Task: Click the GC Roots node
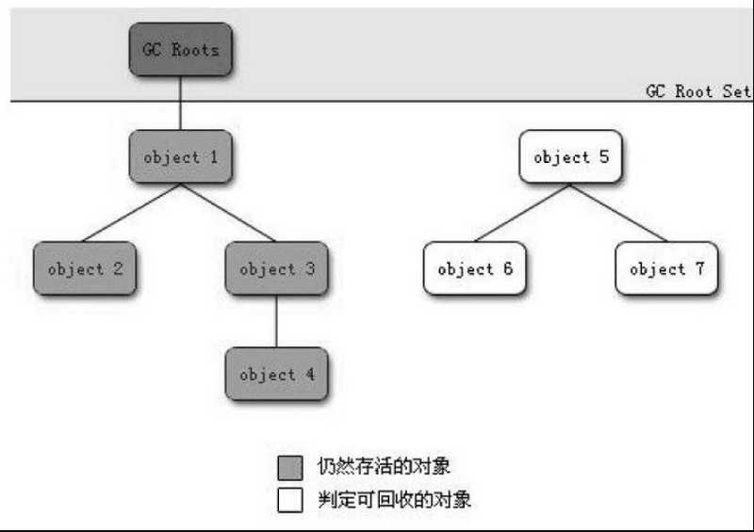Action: tap(181, 50)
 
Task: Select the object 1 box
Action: tap(181, 156)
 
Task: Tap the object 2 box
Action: tap(85, 268)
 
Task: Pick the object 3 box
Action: tap(276, 268)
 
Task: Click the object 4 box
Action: tap(276, 374)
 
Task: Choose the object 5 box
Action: tap(571, 156)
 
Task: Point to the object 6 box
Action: tap(475, 268)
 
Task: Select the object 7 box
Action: tap(667, 268)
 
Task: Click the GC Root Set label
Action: tap(697, 90)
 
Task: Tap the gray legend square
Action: tap(290, 468)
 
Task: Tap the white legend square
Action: tap(290, 500)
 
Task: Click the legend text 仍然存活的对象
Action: tap(384, 466)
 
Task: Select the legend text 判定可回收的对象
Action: tap(394, 499)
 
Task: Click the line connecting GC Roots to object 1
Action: tap(180, 103)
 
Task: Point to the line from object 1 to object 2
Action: tap(132, 213)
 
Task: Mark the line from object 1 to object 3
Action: tap(228, 213)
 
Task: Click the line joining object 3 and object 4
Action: tap(276, 321)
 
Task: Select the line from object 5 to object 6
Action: tap(522, 213)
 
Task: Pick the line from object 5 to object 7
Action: tap(619, 213)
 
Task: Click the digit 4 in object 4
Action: tap(311, 374)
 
